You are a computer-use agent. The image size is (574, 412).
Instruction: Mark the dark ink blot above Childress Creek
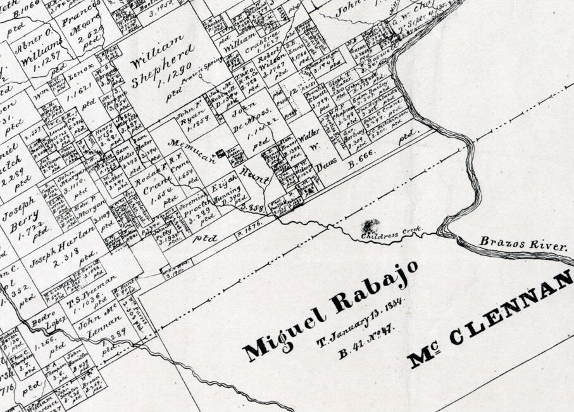point(370,225)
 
